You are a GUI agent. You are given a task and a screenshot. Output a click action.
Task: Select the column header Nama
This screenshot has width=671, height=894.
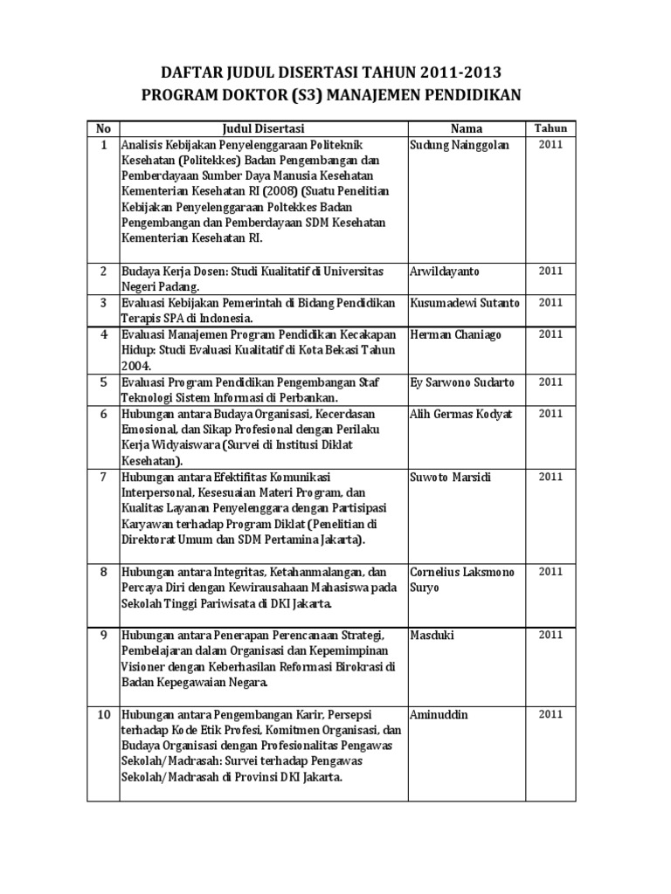466,128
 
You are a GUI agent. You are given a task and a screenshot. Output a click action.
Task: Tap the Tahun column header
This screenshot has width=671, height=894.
550,128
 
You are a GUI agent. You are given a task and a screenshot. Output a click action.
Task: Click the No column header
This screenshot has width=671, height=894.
102,128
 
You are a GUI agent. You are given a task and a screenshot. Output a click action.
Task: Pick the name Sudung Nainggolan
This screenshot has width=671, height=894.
460,145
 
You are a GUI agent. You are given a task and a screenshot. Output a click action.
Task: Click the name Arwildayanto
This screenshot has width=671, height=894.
446,272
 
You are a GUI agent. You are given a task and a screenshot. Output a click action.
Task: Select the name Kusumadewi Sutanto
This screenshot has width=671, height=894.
464,303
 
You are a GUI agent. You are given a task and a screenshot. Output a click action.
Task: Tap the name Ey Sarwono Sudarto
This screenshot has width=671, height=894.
462,382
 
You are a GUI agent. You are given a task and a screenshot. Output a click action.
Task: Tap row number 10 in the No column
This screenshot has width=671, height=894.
102,715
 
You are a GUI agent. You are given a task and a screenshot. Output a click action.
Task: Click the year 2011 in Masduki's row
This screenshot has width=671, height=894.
550,634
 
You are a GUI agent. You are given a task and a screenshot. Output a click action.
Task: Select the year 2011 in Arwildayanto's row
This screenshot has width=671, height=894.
550,272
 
